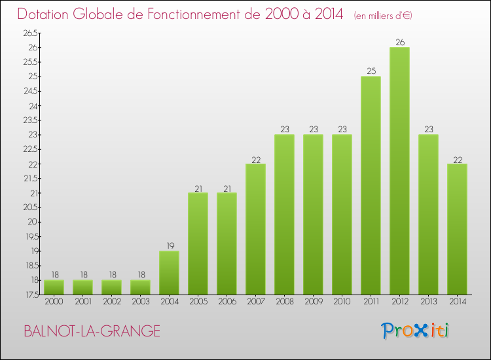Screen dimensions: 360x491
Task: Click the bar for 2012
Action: pos(399,170)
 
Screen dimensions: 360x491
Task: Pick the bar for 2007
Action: pos(255,228)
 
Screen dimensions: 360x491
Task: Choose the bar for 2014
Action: pos(457,228)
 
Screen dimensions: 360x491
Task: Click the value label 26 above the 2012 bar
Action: pos(399,43)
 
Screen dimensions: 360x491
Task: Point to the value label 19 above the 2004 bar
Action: pos(169,246)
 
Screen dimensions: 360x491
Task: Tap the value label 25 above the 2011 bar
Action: pos(371,71)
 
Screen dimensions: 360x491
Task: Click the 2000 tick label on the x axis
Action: pos(54,302)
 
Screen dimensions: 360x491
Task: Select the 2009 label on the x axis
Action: pos(313,302)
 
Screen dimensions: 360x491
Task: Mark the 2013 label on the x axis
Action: pos(428,302)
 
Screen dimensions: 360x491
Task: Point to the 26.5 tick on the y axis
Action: pos(31,33)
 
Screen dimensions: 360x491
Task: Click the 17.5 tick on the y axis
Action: pos(31,295)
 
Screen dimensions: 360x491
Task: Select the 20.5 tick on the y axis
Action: pos(31,207)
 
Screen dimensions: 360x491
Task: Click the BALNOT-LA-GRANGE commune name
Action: pos(92,331)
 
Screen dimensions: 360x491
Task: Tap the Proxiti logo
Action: pos(415,331)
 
